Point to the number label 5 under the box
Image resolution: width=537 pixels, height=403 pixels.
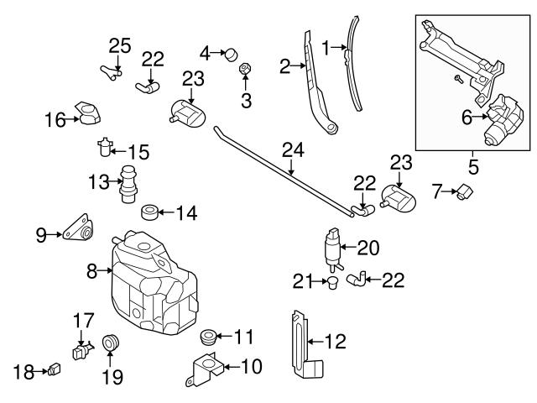coord(473,166)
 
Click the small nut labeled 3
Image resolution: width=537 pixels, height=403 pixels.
coord(245,68)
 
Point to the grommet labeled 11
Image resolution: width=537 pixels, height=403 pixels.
coord(207,338)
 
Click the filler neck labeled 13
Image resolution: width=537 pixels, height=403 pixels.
coord(128,184)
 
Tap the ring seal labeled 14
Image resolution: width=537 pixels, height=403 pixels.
coord(151,211)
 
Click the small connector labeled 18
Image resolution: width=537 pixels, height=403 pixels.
coord(55,368)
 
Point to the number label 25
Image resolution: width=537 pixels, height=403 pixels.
coord(120,44)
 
